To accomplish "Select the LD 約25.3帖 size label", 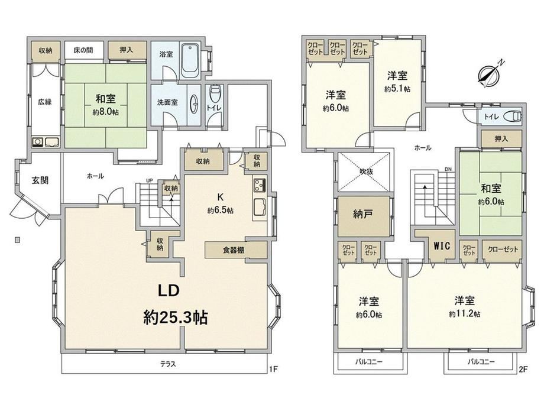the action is (x=176, y=317).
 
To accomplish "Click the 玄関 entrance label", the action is (x=40, y=180).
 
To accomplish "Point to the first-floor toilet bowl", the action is (x=215, y=92).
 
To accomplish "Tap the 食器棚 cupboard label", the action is (x=233, y=250).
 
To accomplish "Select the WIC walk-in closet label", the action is (x=442, y=245).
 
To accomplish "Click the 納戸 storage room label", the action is (x=363, y=214).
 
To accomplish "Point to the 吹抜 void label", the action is (x=366, y=171).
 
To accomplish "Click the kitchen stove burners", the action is (x=260, y=185).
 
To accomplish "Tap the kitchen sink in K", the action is (x=260, y=208).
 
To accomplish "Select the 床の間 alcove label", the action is (x=83, y=50).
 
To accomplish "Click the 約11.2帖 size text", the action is (x=465, y=314).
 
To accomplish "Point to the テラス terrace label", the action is (x=168, y=364).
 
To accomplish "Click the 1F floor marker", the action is (x=273, y=369).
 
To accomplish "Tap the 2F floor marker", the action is (x=523, y=369).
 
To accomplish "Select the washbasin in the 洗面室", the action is (x=195, y=103).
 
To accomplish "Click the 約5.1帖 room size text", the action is (x=397, y=89).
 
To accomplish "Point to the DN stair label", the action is (x=448, y=169).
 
